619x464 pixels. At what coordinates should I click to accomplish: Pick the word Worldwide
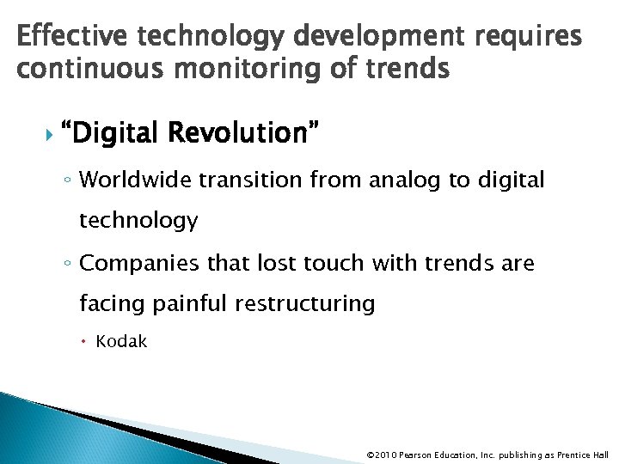pyautogui.click(x=137, y=180)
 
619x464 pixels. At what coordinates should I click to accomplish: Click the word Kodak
pyautogui.click(x=121, y=342)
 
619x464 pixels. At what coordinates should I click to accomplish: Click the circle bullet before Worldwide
pyautogui.click(x=68, y=180)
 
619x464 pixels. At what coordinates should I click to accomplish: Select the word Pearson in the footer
pyautogui.click(x=417, y=455)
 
